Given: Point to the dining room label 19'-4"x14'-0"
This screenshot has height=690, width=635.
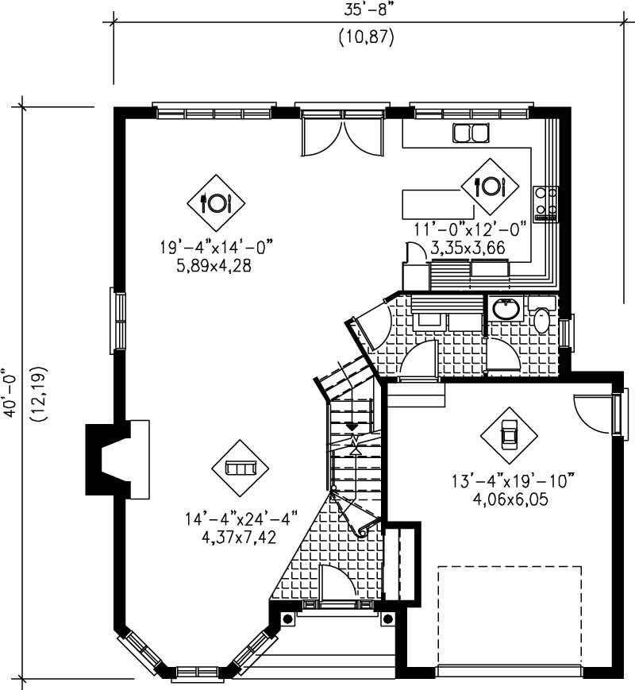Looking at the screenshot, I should click(215, 249).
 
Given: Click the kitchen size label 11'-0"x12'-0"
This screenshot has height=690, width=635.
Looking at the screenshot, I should click(470, 229).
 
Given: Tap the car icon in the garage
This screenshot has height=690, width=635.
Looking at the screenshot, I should click(509, 436).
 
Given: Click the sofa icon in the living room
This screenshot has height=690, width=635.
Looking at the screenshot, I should click(240, 468).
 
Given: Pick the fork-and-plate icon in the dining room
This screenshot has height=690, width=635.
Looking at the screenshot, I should click(216, 202).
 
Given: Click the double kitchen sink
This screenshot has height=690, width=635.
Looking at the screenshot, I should click(470, 133).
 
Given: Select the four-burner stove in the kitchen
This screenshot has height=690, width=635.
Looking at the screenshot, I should click(546, 203).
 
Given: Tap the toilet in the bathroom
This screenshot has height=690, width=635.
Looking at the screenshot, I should click(542, 317).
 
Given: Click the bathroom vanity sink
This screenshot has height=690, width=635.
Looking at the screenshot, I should click(504, 308).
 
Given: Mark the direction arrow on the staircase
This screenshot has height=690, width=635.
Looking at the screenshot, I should click(352, 427).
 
